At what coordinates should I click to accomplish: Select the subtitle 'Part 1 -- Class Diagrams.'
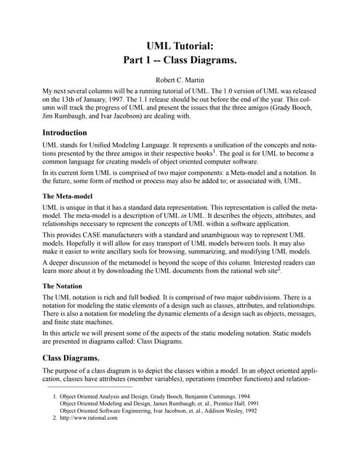(x=180, y=62)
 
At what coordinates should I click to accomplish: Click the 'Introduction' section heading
(x=65, y=133)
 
